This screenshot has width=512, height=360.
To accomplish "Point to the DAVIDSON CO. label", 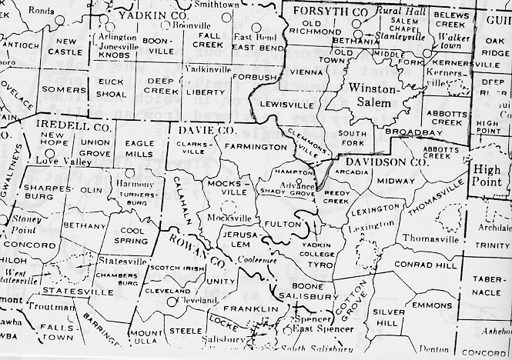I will click(386, 162).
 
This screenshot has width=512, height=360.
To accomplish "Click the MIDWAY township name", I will click(396, 181).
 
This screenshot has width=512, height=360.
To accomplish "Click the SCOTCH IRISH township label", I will click(176, 268).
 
